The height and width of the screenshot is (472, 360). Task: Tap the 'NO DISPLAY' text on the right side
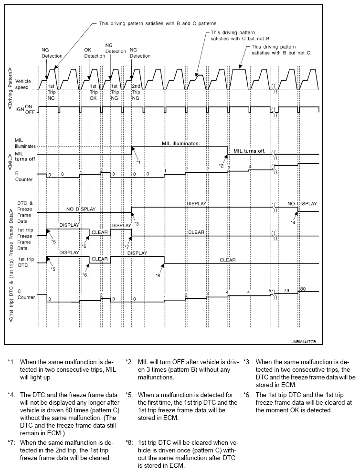(302, 203)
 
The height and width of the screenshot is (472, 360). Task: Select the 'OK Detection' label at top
(94, 52)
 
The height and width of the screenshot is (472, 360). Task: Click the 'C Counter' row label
(23, 296)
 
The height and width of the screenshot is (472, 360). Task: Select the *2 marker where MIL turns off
(221, 165)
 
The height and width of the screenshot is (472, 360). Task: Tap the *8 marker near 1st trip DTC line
(159, 274)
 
